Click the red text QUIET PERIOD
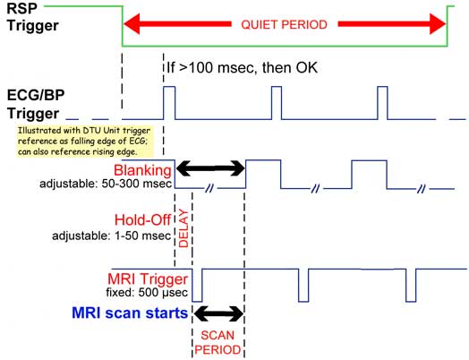(284, 24)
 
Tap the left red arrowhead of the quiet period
(132, 24)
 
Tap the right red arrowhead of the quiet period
(438, 24)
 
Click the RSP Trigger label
(32, 17)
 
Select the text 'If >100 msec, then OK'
(242, 68)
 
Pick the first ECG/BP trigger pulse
(169, 103)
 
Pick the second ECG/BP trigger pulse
(277, 103)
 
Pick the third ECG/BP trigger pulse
(382, 103)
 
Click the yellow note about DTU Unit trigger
(85, 141)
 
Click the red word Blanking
(142, 170)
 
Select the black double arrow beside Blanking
(210, 168)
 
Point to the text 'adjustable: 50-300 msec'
(106, 184)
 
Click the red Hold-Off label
(142, 220)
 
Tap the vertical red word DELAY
(183, 228)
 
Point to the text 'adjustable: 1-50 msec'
(111, 236)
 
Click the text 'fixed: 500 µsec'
(147, 292)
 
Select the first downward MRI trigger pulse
(197, 286)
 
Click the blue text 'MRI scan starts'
(130, 313)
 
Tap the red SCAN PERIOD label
(217, 342)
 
